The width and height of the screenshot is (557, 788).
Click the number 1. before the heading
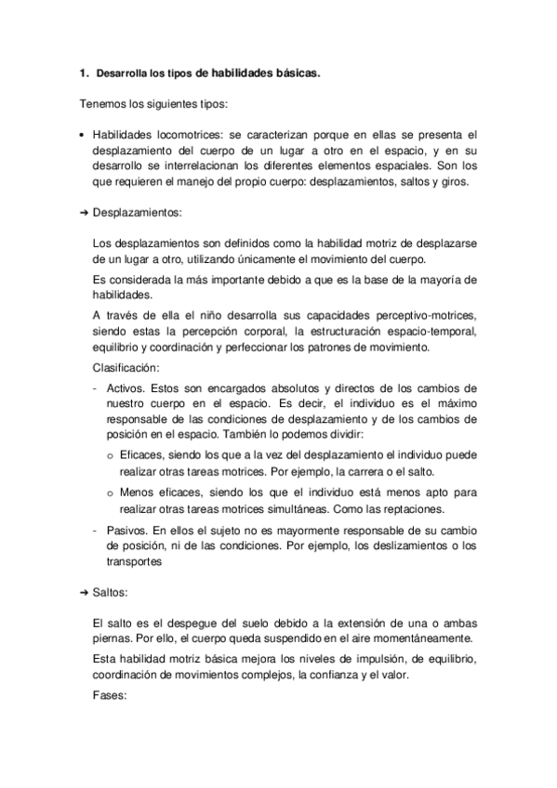click(85, 72)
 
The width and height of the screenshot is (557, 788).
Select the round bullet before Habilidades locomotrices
click(83, 135)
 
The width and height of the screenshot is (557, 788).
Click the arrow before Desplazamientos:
click(83, 213)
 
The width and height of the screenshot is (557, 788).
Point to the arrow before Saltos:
click(83, 592)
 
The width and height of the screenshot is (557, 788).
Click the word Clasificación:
click(126, 367)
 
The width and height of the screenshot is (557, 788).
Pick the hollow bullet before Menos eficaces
click(111, 492)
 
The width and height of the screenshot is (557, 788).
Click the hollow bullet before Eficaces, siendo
click(111, 455)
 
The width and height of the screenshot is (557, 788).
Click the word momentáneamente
click(416, 639)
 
